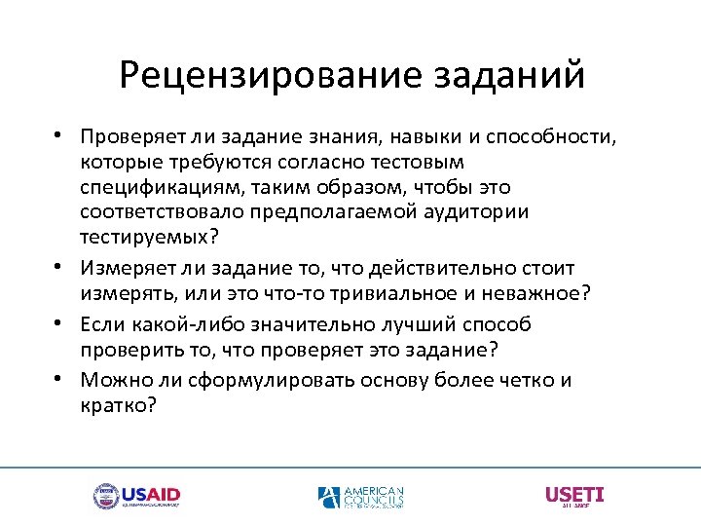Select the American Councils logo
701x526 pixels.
click(361, 497)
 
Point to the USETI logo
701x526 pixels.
click(574, 496)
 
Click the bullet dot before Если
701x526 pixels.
click(60, 322)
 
